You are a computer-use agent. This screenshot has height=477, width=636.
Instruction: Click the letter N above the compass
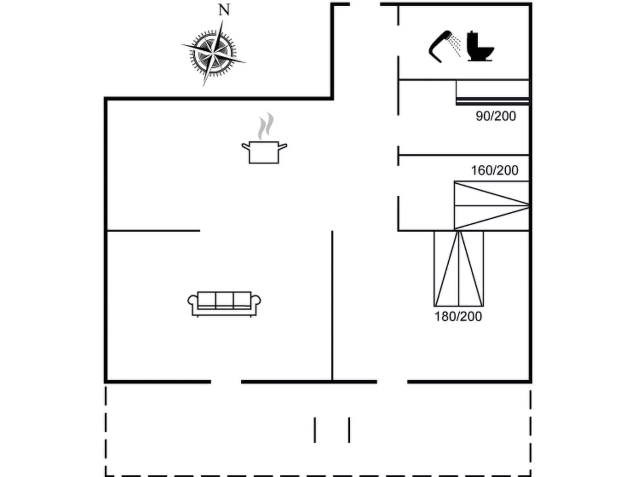pos(224,10)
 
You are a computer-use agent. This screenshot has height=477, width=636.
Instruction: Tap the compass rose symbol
pos(213,53)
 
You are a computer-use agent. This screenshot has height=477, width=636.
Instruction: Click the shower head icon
pos(444,46)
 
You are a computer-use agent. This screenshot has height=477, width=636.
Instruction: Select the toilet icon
pos(480,46)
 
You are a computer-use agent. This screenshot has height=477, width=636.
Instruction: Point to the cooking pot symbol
pos(264,152)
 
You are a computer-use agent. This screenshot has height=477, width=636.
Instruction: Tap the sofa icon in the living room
pos(224,304)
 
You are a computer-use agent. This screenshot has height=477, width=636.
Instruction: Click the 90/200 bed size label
pos(496,116)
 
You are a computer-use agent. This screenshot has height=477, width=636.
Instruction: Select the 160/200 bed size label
pos(495,170)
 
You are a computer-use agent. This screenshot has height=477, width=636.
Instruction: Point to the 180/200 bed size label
pos(458,317)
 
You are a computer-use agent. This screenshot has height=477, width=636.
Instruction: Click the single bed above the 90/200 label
pos(492,92)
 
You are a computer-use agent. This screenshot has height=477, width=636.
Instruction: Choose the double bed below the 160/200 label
pos(491,206)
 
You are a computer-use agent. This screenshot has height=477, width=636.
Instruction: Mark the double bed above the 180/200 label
pos(459,269)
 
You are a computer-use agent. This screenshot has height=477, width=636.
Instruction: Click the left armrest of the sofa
pos(192,300)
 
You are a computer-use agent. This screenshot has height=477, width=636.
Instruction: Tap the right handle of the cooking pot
pos(282,146)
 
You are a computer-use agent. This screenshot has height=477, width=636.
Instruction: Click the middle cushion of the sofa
pos(224,299)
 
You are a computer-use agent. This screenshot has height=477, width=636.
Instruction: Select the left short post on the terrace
pos(315,430)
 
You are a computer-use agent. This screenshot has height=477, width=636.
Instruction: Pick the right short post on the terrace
pos(349,430)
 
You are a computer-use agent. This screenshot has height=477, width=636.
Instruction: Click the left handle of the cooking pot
pos(246,146)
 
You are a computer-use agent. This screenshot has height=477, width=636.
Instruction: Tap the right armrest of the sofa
pos(256,300)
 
